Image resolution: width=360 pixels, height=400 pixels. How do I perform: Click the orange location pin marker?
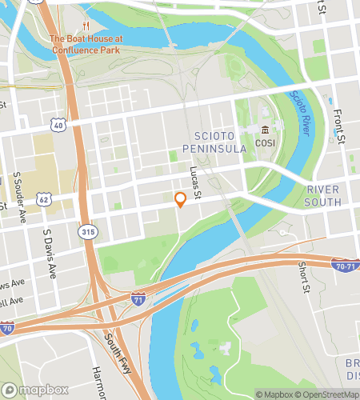tap(181, 200)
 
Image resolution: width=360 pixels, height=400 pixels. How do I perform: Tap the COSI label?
tap(266, 142)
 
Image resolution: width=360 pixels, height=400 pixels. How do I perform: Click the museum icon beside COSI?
tap(266, 130)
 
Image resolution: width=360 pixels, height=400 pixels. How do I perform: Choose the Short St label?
tap(303, 278)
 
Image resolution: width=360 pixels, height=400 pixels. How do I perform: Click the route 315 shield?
tap(87, 231)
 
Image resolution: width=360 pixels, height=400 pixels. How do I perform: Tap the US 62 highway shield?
tap(44, 198)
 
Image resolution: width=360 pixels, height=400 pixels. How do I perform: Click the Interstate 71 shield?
tap(138, 298)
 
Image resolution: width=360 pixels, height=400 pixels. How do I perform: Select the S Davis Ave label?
tap(50, 254)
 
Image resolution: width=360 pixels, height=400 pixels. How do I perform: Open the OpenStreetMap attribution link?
tap(329, 394)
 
